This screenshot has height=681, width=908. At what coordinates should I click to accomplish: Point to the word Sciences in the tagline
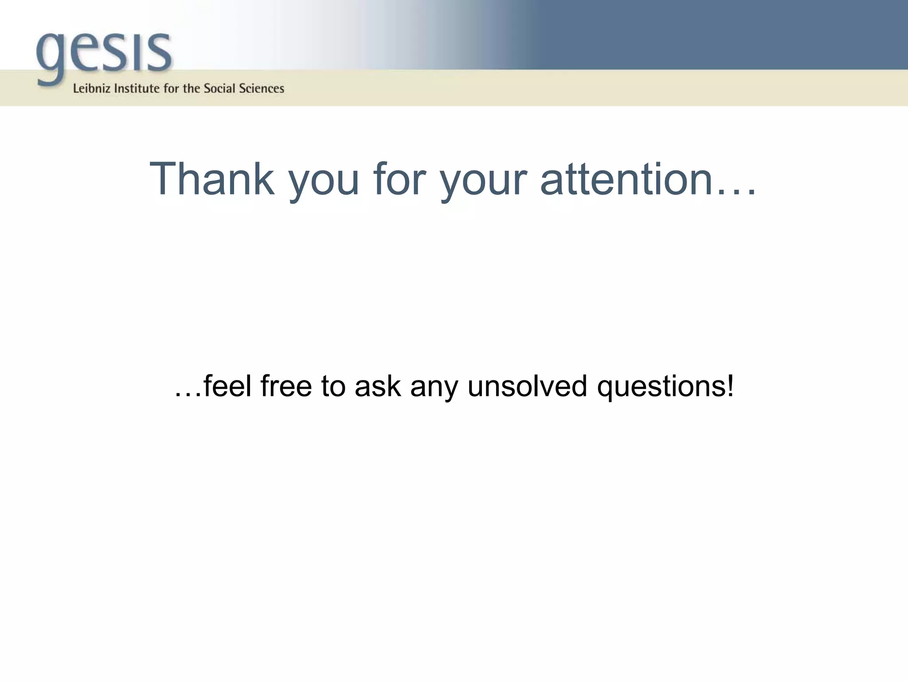(x=261, y=89)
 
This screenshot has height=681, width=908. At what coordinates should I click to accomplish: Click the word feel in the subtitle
(x=227, y=386)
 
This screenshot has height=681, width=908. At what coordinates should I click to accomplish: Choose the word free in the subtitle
(x=286, y=386)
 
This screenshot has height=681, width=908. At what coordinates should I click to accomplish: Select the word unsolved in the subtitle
(x=527, y=386)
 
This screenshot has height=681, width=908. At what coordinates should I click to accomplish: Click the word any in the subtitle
(x=434, y=388)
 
